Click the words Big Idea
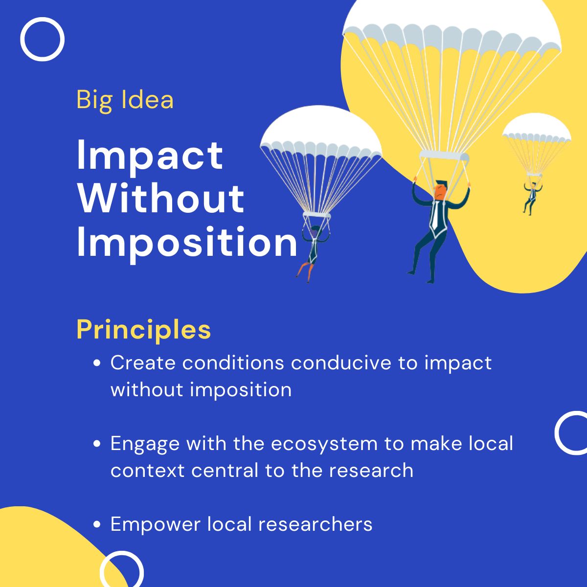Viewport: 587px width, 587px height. coord(125,100)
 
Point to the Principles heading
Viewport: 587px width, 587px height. coord(144,330)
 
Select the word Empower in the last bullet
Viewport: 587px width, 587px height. coord(155,524)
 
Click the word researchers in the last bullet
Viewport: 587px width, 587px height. coord(315,524)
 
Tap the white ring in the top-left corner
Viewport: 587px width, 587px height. coord(42,39)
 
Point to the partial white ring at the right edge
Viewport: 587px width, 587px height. coord(572,433)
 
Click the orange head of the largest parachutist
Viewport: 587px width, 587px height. coord(441,190)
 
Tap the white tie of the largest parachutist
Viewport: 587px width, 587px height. coord(434,215)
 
